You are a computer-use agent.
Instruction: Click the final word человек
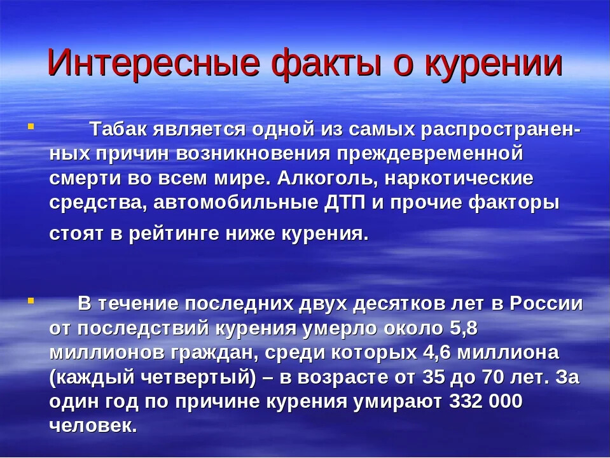[x=93, y=426]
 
